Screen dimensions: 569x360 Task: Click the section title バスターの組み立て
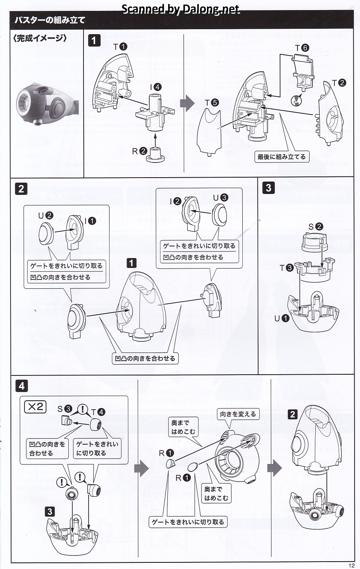tap(49, 20)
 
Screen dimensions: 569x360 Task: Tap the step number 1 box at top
tap(94, 40)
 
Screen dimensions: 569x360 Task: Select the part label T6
tap(302, 48)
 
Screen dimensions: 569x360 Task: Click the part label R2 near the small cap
tap(139, 151)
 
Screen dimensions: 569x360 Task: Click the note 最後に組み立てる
tap(282, 157)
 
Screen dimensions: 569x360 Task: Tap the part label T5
tap(212, 103)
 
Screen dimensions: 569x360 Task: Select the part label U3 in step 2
tap(220, 197)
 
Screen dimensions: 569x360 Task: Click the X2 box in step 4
tap(35, 407)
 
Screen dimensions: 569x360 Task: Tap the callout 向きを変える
tap(238, 414)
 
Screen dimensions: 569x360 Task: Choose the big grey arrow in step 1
tap(187, 103)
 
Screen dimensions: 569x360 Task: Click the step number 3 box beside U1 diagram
tap(268, 188)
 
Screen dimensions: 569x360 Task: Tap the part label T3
tap(287, 268)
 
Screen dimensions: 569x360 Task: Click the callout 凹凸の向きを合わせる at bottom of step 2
tap(144, 358)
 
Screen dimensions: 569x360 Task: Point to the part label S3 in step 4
tap(64, 408)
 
